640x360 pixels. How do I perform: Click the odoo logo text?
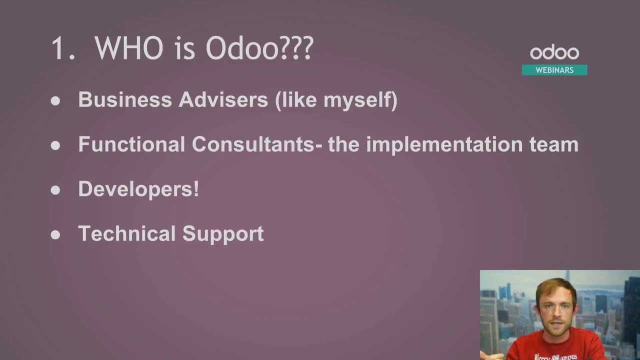click(554, 53)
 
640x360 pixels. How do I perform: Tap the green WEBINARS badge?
click(554, 70)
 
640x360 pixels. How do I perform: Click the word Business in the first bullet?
click(125, 100)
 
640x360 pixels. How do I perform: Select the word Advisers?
click(223, 100)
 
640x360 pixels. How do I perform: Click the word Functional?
click(131, 144)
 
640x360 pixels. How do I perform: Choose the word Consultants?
click(253, 144)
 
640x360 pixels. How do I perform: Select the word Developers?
click(138, 189)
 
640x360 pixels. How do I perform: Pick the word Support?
click(223, 234)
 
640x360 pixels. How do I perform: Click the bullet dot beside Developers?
click(55, 190)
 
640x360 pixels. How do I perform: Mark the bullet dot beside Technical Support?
click(55, 234)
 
